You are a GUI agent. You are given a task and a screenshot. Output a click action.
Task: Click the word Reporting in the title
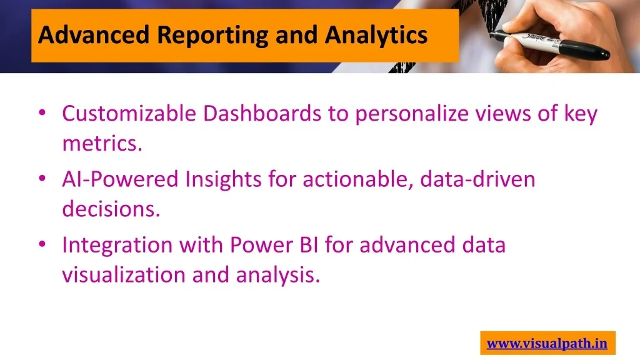[x=212, y=36]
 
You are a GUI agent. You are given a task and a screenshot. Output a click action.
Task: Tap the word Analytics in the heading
[x=376, y=36]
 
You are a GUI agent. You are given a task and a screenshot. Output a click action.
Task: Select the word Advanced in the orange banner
[x=94, y=35]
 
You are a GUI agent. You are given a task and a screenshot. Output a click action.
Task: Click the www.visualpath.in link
[x=547, y=343]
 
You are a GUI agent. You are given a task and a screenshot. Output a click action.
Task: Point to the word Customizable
[x=129, y=113]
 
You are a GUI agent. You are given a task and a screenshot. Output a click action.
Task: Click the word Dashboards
[x=262, y=113]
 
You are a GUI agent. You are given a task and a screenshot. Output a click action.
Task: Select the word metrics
[x=102, y=143]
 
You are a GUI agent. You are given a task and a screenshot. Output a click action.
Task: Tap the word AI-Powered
[x=121, y=179]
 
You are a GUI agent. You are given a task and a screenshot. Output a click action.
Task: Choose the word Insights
[x=223, y=179]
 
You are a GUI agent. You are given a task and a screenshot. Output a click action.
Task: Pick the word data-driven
[x=477, y=179]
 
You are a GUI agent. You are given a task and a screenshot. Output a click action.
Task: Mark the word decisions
[x=111, y=209]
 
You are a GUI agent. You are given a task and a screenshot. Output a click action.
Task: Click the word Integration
[x=117, y=246]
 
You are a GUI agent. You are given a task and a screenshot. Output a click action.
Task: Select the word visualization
[x=124, y=274]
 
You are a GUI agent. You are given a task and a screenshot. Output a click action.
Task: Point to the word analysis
[x=278, y=275]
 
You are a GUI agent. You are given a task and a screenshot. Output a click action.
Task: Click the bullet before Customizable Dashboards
[x=42, y=112]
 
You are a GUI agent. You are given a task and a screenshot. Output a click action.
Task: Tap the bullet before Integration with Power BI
[x=42, y=244]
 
